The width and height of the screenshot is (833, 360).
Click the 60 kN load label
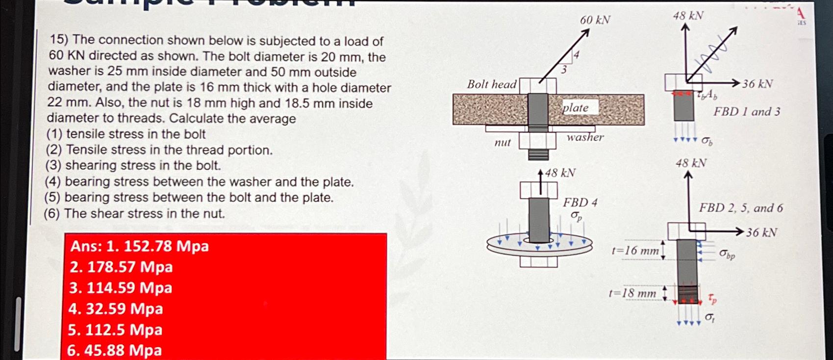coord(595,20)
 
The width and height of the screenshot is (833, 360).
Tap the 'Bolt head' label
coord(491,84)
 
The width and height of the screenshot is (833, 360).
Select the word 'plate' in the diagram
coord(576,108)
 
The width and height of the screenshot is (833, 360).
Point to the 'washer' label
coord(585,137)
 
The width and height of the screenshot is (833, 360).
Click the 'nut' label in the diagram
coord(503,143)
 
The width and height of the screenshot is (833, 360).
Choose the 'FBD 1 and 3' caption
coord(746,112)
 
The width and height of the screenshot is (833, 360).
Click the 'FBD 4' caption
coord(580,203)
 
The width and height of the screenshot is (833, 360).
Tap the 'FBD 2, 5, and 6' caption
coord(741,208)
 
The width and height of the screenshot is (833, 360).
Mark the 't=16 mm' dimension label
coord(635,251)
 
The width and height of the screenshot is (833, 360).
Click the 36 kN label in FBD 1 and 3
coord(757,84)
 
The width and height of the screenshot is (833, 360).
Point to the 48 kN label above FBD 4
coord(560,173)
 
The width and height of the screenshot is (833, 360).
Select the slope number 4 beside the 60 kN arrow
coord(577,55)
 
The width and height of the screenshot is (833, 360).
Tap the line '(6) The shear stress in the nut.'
coord(134,214)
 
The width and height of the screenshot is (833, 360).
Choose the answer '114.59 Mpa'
coord(129,288)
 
